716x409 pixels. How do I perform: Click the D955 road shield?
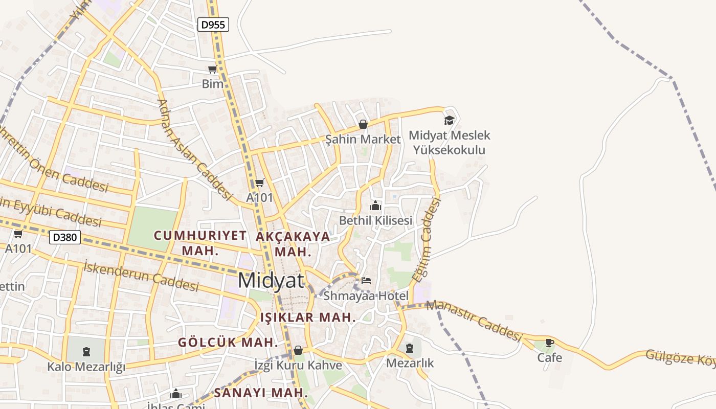[x=213, y=24]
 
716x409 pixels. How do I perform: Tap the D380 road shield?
[x=65, y=237]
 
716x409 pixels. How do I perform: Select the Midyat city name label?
[x=271, y=281]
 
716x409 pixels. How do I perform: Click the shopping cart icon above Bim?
[x=212, y=69]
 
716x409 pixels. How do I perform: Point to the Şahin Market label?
[x=363, y=139]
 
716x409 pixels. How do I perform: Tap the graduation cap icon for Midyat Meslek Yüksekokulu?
[x=449, y=120]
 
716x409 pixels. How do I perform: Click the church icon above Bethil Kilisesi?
[x=375, y=206]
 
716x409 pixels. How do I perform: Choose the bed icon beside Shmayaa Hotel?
[x=366, y=280]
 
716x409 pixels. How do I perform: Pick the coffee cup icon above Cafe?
[x=550, y=343]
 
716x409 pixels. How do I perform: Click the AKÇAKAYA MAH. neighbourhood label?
[x=293, y=244]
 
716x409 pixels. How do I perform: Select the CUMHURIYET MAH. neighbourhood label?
[x=200, y=243]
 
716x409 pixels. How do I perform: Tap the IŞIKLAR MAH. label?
[x=308, y=317]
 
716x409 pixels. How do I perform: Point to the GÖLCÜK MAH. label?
[x=228, y=343]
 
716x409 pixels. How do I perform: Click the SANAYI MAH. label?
[x=261, y=393]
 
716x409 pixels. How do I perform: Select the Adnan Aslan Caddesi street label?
[x=195, y=148]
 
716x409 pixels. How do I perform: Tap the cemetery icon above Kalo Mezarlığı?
[x=86, y=351]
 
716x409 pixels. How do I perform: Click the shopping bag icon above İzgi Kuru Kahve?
[x=298, y=350]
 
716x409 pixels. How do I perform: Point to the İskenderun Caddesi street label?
[x=141, y=276]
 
